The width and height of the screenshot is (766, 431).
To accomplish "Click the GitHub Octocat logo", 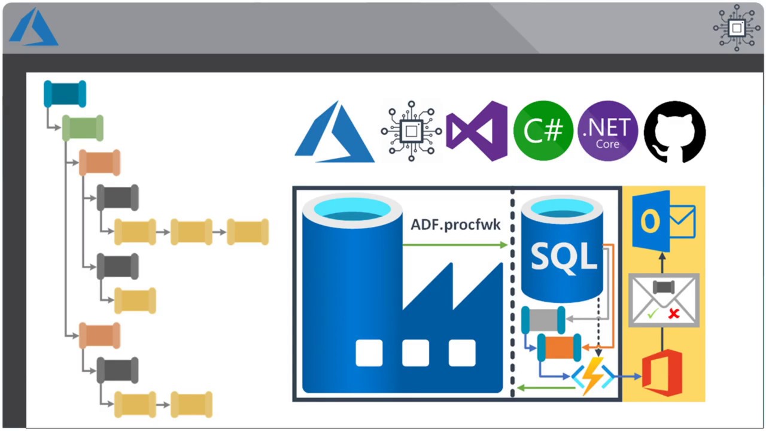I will [674, 131].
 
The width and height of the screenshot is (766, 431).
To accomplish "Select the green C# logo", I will [543, 130].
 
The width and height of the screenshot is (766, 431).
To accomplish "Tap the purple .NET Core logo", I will [608, 130].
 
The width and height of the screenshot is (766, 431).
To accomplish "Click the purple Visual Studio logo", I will [477, 130].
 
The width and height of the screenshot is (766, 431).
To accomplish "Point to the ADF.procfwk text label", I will [455, 225].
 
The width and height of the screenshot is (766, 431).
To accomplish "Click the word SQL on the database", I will [564, 256].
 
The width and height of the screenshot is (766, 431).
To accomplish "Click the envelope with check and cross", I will [664, 300].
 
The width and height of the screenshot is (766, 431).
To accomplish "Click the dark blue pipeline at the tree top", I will [65, 94].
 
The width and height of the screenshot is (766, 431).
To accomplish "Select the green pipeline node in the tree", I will [83, 128].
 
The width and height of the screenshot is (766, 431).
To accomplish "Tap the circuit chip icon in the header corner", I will [737, 28].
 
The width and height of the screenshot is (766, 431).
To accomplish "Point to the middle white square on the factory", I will [415, 353].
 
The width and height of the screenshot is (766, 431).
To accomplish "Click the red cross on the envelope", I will [674, 313].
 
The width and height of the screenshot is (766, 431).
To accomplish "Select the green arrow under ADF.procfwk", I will [455, 244].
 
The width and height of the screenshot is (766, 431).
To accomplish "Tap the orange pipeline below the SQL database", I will [559, 348].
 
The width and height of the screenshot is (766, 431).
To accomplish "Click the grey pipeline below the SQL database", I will [543, 320].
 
